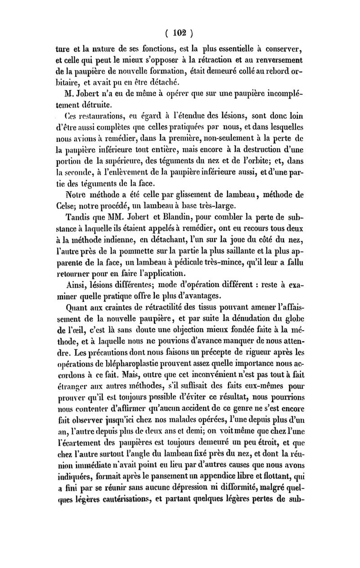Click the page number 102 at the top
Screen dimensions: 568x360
pyautogui.click(x=180, y=32)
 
